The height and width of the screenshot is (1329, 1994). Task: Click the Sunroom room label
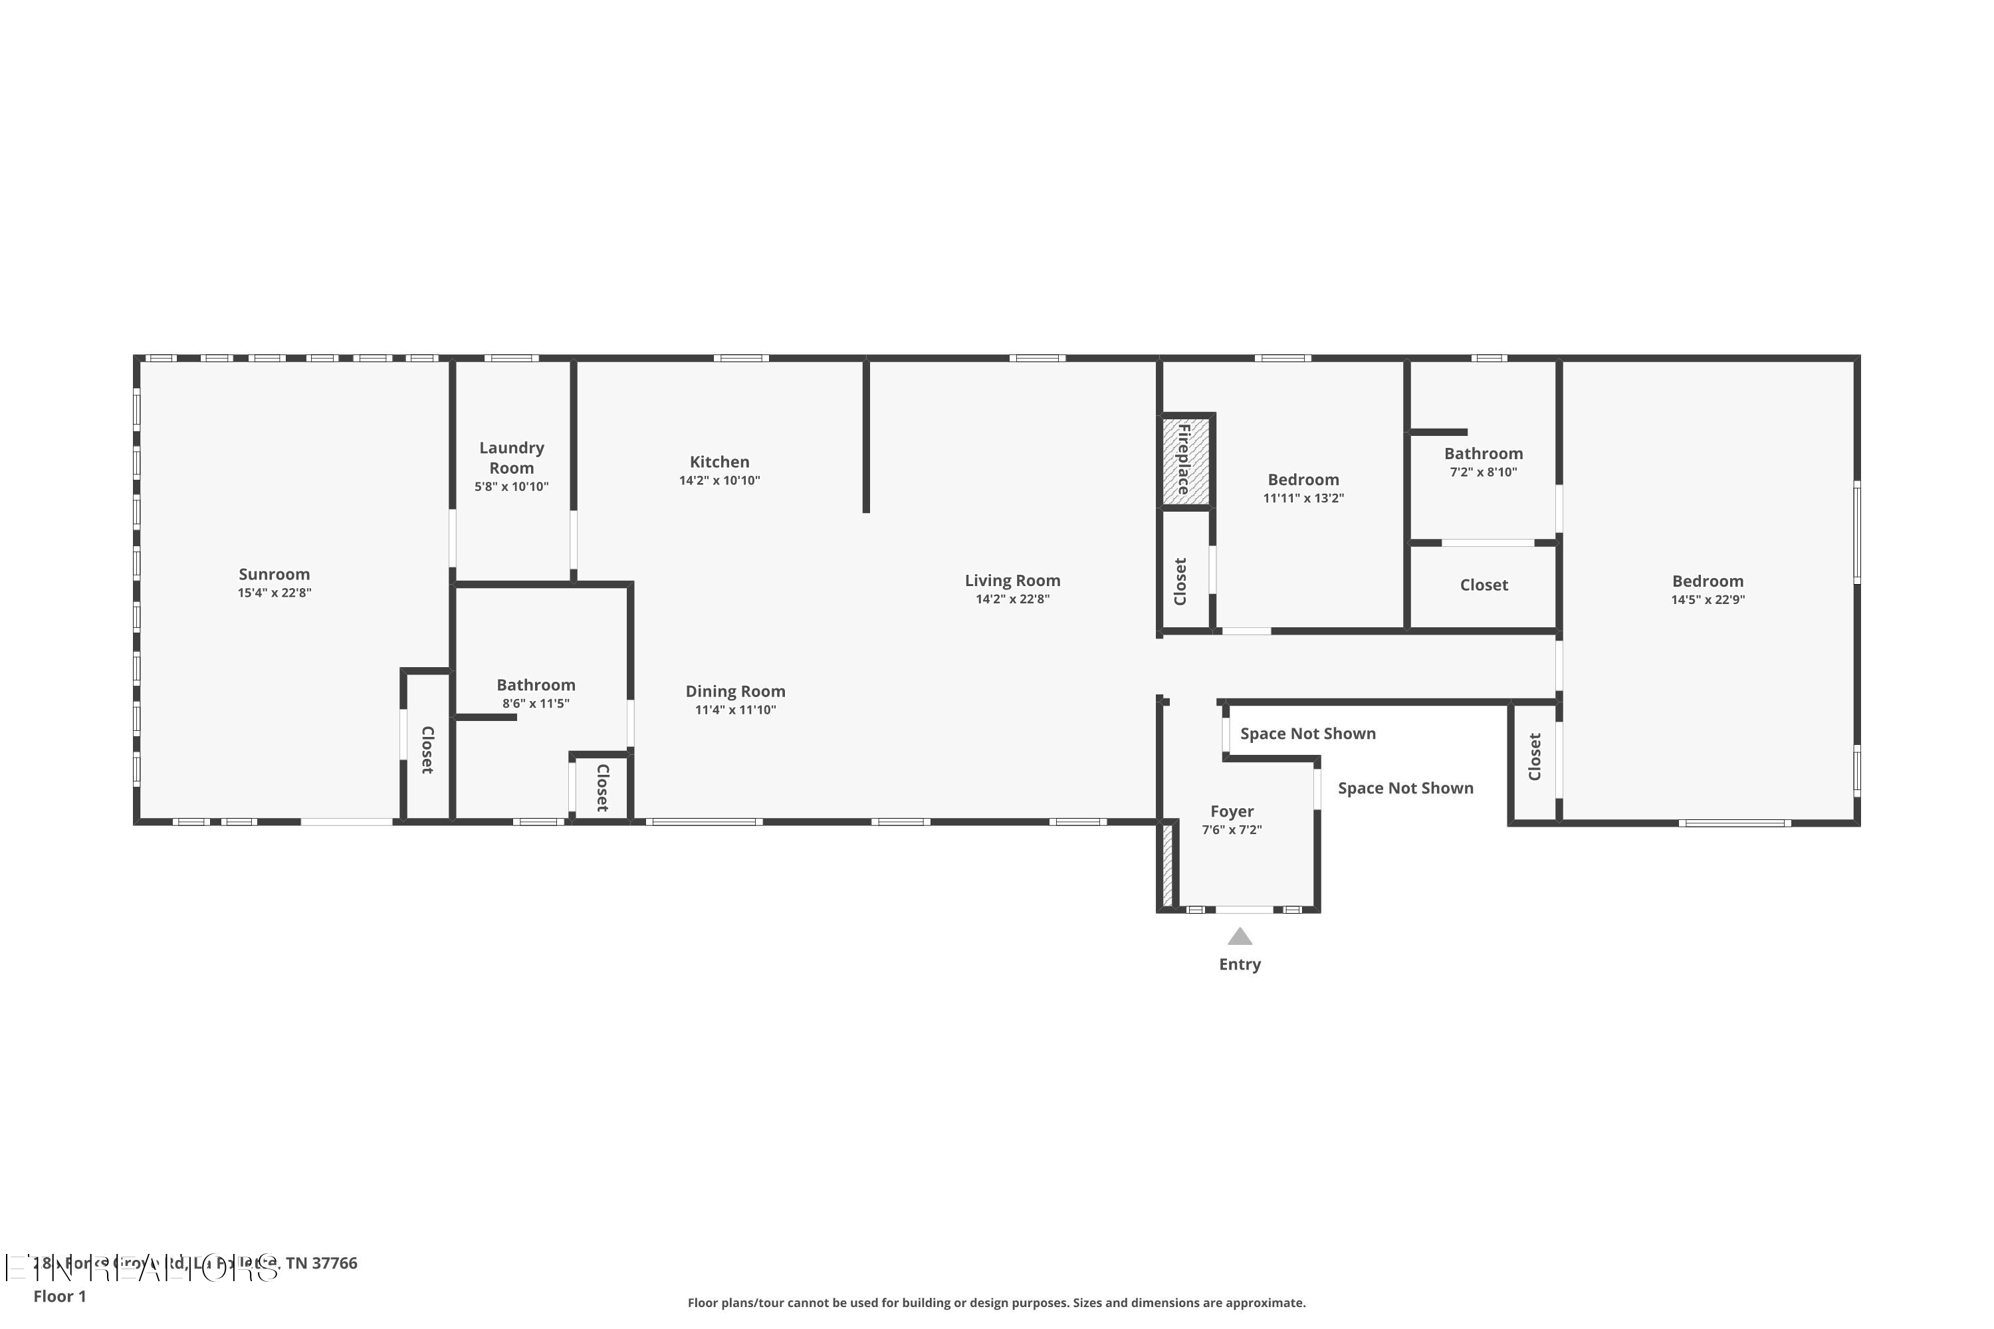click(274, 574)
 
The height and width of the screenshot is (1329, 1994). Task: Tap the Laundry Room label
click(511, 458)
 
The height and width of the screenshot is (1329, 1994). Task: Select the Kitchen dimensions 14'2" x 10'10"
click(719, 480)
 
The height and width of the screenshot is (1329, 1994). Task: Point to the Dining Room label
click(735, 692)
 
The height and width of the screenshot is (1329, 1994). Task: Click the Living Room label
click(1012, 581)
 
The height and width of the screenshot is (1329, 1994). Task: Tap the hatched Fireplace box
click(1184, 459)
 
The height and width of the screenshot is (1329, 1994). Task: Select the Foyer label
click(1231, 811)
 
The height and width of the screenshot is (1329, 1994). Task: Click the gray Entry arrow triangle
click(1240, 936)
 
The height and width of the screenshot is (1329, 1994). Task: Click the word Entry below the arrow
click(1240, 965)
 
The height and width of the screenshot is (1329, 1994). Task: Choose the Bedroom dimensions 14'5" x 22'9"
click(1708, 600)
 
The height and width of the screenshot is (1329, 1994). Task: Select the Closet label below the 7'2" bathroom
click(1483, 585)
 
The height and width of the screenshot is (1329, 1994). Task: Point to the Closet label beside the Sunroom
click(427, 750)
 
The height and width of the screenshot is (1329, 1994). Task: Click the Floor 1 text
click(59, 1296)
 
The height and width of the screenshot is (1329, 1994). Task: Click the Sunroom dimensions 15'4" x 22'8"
click(274, 593)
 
